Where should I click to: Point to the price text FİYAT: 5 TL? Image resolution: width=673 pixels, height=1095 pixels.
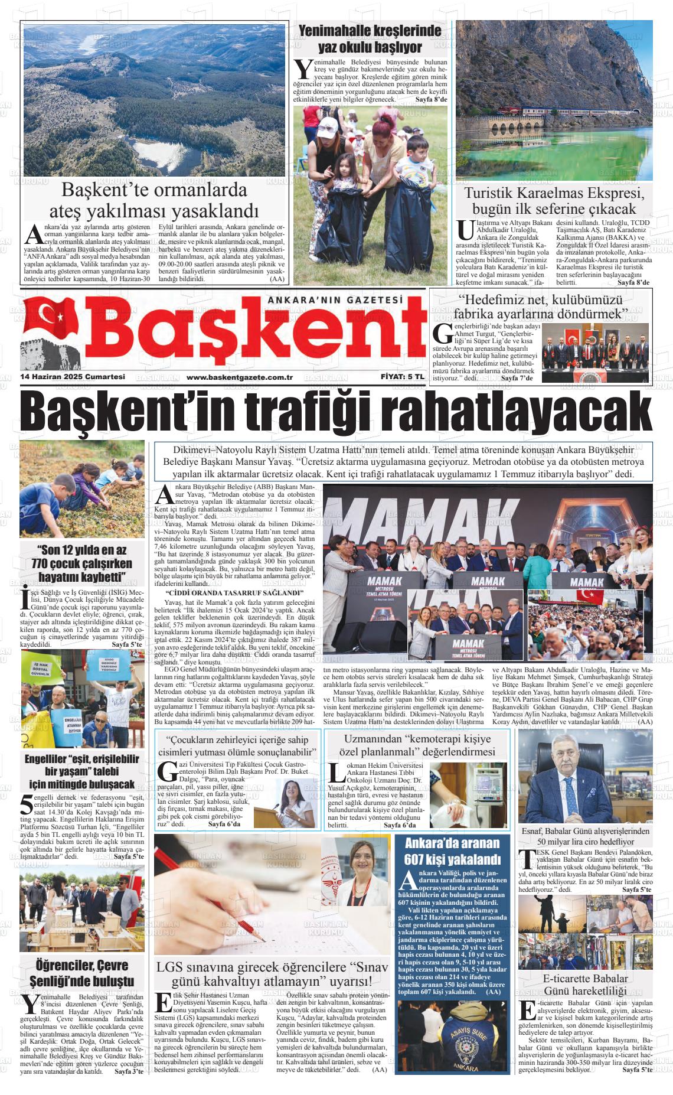402,377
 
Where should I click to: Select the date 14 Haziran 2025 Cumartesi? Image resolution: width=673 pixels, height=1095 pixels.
72,377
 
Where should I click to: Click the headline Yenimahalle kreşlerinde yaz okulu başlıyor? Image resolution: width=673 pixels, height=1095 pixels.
370,39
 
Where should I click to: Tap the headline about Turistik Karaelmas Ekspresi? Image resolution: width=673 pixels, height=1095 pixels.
554,201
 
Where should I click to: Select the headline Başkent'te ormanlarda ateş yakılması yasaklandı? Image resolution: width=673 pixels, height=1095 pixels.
154,200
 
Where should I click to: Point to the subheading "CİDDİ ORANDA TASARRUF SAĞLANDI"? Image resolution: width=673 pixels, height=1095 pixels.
234,592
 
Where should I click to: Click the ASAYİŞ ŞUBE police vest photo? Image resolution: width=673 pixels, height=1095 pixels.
453,1038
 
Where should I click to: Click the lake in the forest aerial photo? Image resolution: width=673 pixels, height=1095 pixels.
152,154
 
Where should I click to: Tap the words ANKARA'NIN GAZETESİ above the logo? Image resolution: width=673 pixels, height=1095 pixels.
335,301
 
